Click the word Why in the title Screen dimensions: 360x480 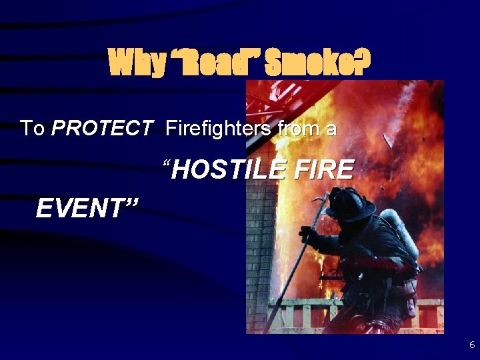(136, 63)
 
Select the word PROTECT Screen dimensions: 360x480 (101, 127)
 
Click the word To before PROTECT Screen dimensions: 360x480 (32, 127)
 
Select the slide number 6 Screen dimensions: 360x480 (472, 345)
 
